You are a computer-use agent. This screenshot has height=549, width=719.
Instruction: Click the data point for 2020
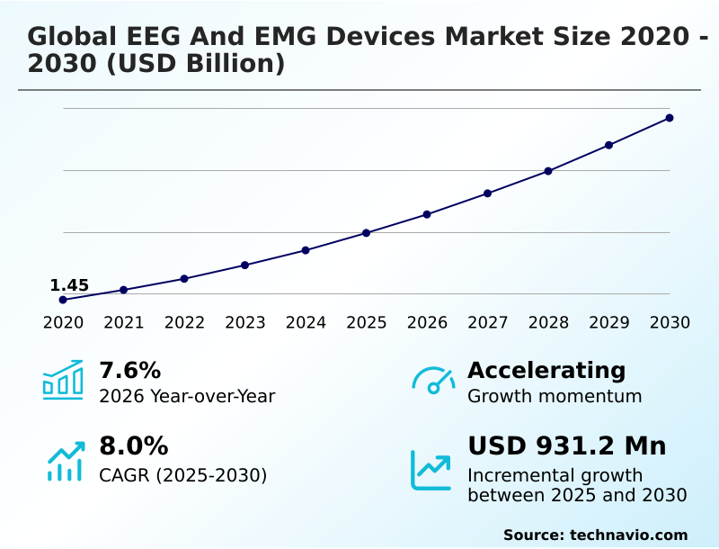point(63,300)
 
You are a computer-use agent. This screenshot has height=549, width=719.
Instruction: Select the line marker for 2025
point(366,233)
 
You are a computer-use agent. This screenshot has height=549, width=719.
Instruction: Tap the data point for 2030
point(670,118)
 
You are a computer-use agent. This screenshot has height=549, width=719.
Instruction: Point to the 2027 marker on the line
point(487,193)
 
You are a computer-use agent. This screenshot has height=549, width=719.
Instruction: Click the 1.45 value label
point(69,285)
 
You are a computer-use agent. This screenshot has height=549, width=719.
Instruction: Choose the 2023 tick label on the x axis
point(244,322)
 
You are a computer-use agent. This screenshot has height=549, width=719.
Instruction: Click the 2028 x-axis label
point(548,322)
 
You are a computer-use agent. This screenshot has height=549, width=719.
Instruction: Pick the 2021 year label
point(123,322)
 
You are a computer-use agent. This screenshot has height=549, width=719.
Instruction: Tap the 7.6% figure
point(129,370)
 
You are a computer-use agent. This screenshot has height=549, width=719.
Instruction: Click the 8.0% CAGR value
point(133,446)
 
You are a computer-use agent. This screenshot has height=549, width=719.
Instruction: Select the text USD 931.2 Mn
point(566,446)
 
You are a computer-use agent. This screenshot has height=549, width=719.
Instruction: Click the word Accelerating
point(546,370)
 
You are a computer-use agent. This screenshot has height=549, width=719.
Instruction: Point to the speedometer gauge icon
point(433,380)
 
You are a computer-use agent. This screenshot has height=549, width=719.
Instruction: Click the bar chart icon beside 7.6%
point(63,380)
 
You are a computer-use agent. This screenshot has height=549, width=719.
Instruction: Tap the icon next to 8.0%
point(65,461)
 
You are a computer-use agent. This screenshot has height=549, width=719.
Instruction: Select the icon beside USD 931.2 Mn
point(431,470)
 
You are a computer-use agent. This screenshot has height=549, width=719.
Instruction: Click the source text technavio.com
point(628,535)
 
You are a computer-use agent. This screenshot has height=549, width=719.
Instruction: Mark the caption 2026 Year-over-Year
point(187,396)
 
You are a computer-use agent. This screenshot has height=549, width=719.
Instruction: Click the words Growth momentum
point(555,396)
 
